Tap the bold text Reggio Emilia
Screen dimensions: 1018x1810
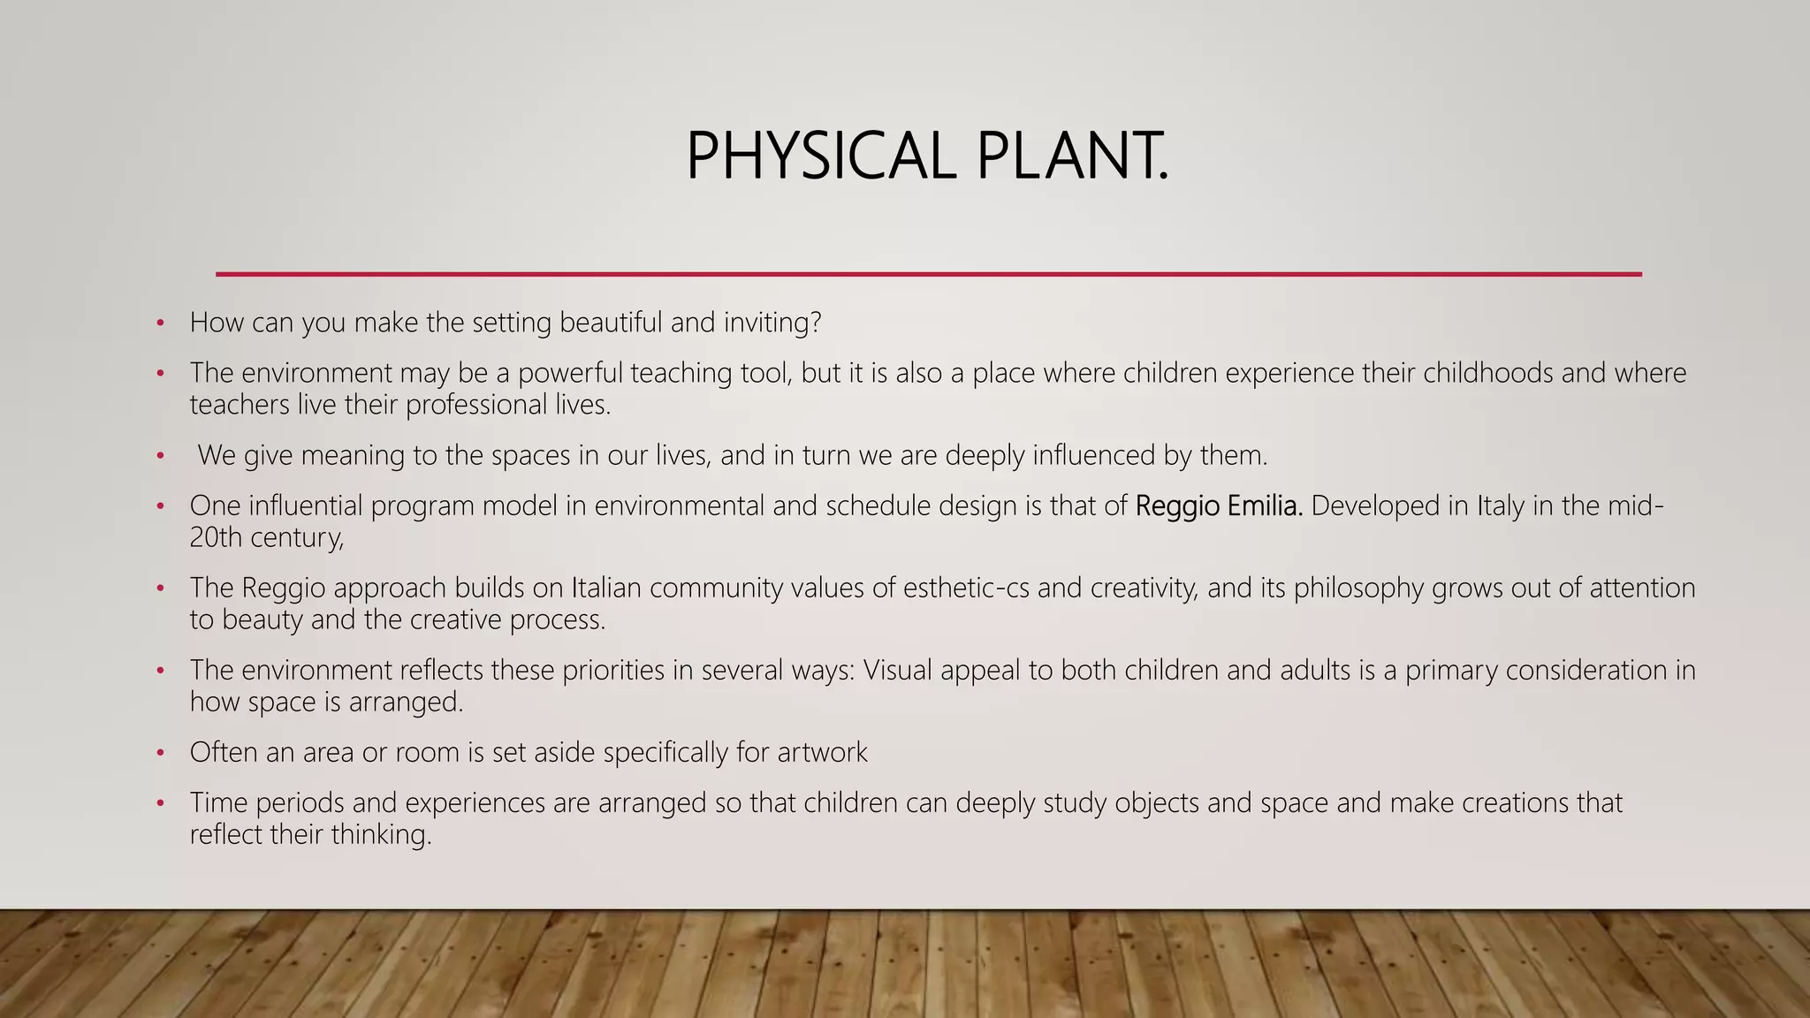tap(1219, 505)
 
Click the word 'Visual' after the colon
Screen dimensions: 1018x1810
tap(898, 670)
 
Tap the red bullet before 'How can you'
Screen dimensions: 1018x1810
tap(160, 323)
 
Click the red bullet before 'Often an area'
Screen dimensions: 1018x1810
tap(160, 753)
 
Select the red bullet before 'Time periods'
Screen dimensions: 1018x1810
tap(160, 803)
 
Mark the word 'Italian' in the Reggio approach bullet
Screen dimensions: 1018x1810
tap(599, 588)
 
